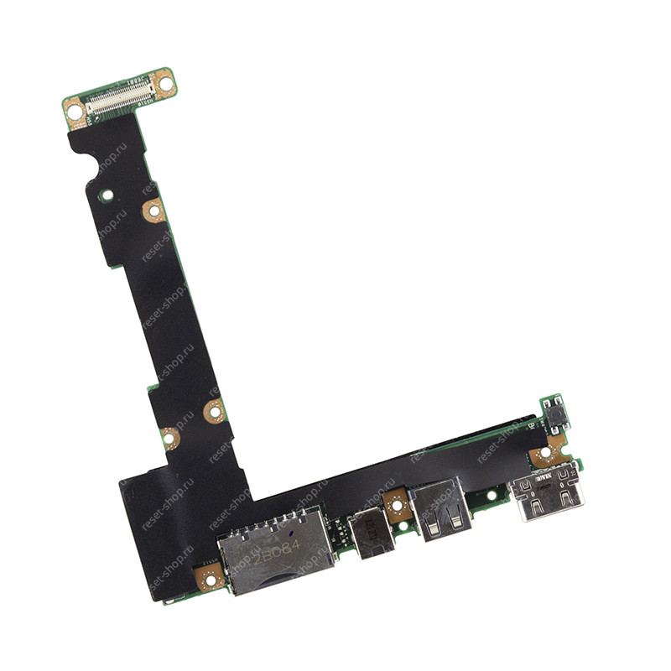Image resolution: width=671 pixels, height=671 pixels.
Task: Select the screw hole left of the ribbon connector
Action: pyautogui.click(x=75, y=111)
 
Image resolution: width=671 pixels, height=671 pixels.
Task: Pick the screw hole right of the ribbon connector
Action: pyautogui.click(x=165, y=83)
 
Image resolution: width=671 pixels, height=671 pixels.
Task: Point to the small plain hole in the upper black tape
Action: pyautogui.click(x=107, y=195)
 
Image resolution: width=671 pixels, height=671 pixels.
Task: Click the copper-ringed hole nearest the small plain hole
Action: pyautogui.click(x=153, y=211)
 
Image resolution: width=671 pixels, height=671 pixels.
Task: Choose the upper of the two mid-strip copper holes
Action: pyautogui.click(x=215, y=411)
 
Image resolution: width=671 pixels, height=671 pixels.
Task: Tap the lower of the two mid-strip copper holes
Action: pyautogui.click(x=169, y=437)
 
